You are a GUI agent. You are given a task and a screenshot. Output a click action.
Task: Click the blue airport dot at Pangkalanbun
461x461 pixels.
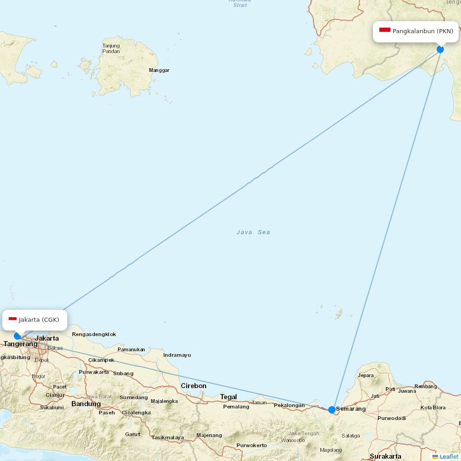[440, 49]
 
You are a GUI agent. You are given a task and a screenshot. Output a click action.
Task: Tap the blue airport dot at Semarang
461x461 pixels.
[332, 409]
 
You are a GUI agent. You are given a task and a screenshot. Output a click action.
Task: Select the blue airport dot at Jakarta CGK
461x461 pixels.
[18, 336]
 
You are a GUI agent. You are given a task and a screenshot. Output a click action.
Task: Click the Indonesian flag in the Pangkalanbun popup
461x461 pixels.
[385, 30]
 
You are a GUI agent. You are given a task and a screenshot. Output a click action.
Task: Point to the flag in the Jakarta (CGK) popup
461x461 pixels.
[12, 319]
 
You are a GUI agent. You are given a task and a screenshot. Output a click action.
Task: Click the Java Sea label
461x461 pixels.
[253, 232]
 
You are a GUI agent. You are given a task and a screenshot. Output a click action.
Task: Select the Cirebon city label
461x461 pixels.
[194, 386]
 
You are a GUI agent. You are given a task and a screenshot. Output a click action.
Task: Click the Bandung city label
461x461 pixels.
[86, 404]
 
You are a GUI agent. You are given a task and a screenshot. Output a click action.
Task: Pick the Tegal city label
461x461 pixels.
[228, 397]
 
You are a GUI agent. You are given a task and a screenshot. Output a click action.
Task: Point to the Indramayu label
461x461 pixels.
[177, 355]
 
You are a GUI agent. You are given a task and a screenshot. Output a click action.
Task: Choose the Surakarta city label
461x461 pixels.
[385, 456]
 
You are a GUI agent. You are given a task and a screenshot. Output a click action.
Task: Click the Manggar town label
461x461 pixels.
[159, 71]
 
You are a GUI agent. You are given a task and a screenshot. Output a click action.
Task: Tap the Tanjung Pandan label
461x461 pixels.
[111, 48]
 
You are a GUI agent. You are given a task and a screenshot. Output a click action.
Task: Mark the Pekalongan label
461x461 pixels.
[289, 406]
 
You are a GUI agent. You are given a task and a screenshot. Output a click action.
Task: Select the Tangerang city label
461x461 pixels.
[21, 344]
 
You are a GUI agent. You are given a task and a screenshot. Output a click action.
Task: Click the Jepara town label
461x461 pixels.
[366, 375]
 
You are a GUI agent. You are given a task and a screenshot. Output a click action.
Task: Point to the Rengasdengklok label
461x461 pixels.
[94, 334]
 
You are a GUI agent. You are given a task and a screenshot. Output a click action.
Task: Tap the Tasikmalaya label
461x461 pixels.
[168, 437]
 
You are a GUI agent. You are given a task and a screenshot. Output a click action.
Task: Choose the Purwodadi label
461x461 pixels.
[391, 418]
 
